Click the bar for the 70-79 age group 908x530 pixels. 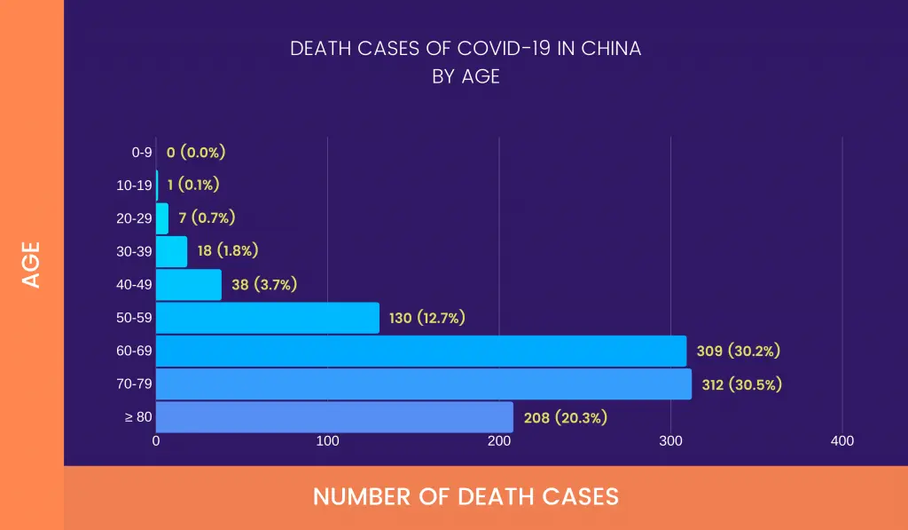[x=424, y=384]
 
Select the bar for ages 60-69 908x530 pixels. [x=421, y=351]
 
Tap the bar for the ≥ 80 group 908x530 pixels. [x=334, y=417]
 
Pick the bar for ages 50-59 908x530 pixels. [x=268, y=318]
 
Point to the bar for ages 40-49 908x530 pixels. [x=189, y=285]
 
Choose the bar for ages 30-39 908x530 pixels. [x=172, y=251]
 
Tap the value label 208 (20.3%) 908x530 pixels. [x=566, y=417]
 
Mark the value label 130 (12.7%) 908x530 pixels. [x=427, y=318]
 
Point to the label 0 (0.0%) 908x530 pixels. [x=196, y=152]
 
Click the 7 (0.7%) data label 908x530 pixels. [x=207, y=218]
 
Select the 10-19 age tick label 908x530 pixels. [x=135, y=186]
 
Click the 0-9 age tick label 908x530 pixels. [x=142, y=152]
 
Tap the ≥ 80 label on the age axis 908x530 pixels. [x=138, y=417]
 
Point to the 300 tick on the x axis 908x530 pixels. [x=670, y=441]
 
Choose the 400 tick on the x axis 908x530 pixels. [x=842, y=441]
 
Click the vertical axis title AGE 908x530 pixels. [x=32, y=264]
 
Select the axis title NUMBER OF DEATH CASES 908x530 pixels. [x=466, y=496]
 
